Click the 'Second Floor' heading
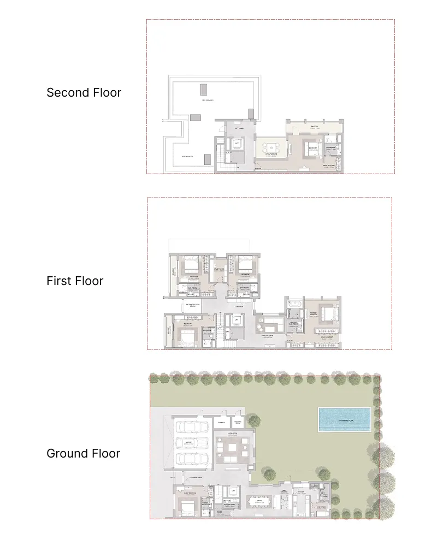(84, 92)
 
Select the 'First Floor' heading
(75, 281)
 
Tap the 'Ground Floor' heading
(83, 453)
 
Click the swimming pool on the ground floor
(344, 419)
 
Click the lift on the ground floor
(233, 492)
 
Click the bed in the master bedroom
(326, 315)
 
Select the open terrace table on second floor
(271, 147)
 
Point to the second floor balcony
(314, 127)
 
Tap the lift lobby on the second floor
(239, 128)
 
